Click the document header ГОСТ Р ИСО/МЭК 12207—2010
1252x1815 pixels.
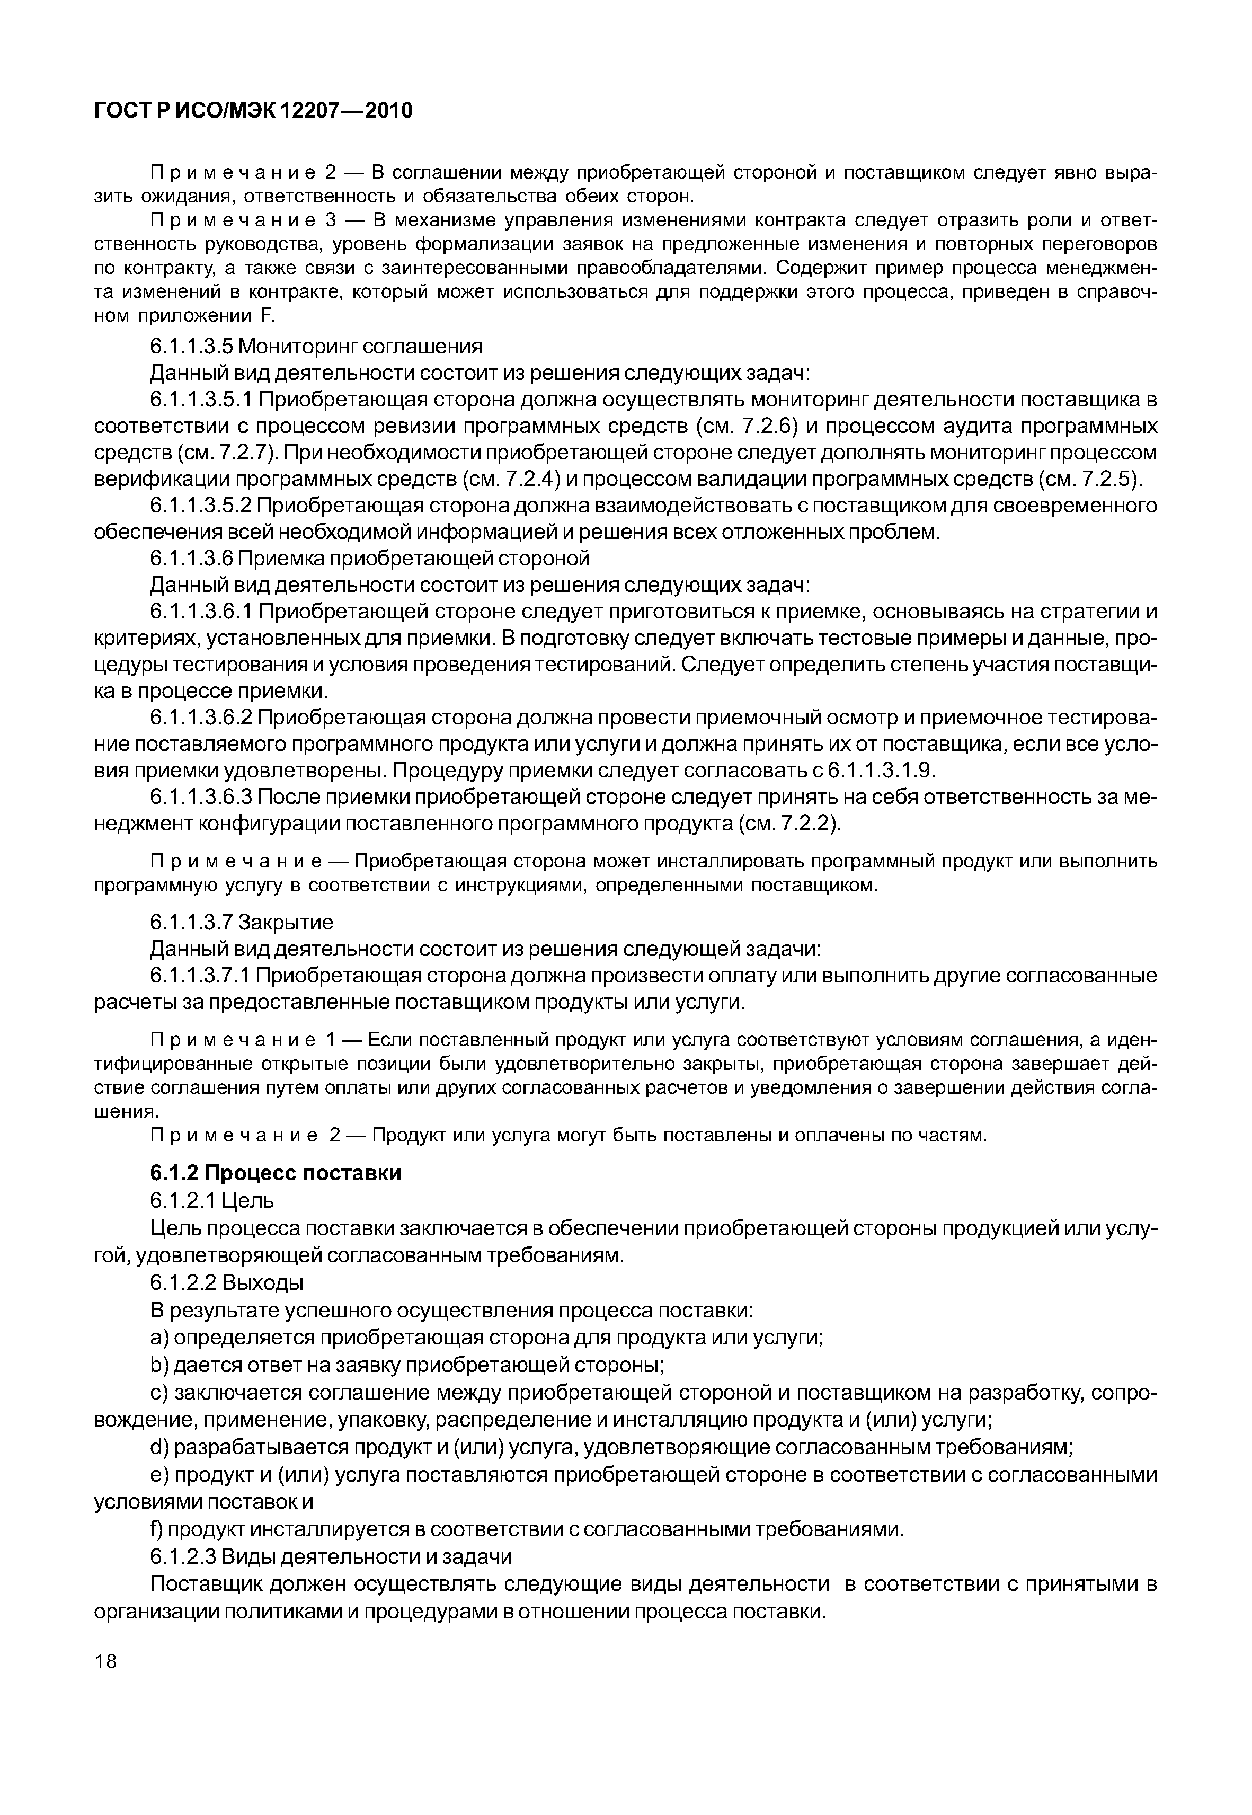[253, 111]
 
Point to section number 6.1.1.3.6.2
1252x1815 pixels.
[201, 718]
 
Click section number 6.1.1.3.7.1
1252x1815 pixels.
[200, 976]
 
